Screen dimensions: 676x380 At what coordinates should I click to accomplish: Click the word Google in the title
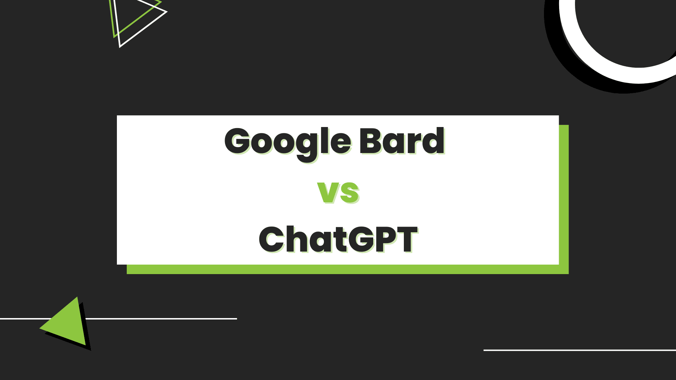pos(287,141)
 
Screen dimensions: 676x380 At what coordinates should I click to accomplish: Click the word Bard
pos(401,141)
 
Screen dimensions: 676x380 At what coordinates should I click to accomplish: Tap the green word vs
pos(338,192)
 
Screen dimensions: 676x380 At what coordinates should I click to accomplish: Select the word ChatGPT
pos(338,240)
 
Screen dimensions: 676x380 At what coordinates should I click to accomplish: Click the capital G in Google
pos(238,141)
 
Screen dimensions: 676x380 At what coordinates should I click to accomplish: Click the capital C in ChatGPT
pos(272,240)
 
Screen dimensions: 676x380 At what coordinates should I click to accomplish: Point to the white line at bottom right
pos(579,350)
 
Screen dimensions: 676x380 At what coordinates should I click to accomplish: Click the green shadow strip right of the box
pos(564,197)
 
